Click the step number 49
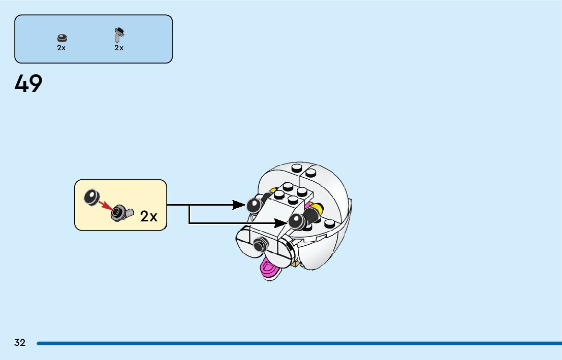[x=28, y=84]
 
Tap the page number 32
[x=20, y=343]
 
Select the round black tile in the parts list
[x=61, y=38]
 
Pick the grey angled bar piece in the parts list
[x=119, y=35]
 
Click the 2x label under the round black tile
[x=61, y=48]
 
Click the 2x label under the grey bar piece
[x=119, y=48]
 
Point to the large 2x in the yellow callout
[x=149, y=217]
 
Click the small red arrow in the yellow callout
[x=106, y=205]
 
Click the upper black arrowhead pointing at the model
[x=238, y=205]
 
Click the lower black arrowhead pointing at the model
[x=281, y=222]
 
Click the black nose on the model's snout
[x=260, y=245]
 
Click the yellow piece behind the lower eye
[x=319, y=208]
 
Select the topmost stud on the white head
[x=297, y=169]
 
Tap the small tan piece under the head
[x=296, y=264]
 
